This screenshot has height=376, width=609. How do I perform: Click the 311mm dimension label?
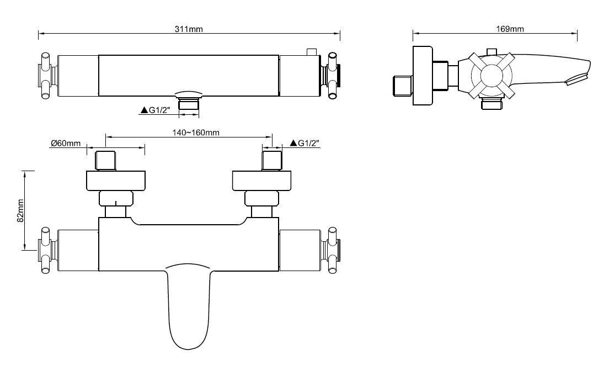click(x=189, y=29)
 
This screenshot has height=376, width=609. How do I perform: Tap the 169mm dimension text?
click(x=510, y=29)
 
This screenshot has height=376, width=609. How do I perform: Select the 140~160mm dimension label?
click(x=196, y=133)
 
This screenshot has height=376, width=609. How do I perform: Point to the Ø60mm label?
click(x=66, y=143)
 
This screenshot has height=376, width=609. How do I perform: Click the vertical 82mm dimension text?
click(x=20, y=210)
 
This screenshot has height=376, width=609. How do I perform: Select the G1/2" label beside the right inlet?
click(x=308, y=143)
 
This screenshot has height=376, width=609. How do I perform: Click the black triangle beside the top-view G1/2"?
click(x=144, y=110)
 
